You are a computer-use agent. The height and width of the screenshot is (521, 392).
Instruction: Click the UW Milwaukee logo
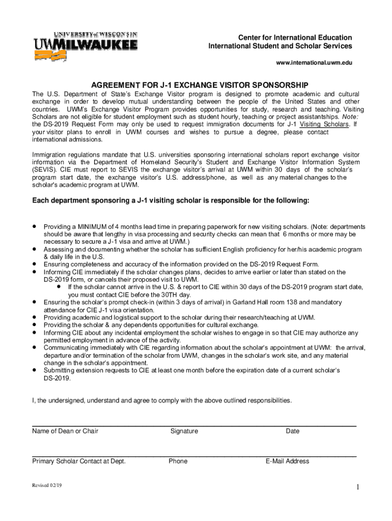pyautogui.click(x=85, y=46)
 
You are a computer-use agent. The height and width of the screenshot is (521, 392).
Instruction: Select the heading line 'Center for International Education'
pyautogui.click(x=295, y=38)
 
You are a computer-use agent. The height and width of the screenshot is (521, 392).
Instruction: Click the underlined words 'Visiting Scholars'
pyautogui.click(x=324, y=124)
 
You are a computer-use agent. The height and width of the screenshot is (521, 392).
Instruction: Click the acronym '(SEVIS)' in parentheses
pyautogui.click(x=45, y=170)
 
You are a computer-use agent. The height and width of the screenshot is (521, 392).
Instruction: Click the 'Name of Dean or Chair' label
pyautogui.click(x=65, y=431)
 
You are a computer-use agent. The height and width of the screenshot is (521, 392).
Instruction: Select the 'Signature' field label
pyautogui.click(x=184, y=431)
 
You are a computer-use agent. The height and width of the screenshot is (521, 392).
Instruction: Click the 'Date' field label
pyautogui.click(x=293, y=431)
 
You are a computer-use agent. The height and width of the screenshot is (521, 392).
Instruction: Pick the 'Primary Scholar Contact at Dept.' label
pyautogui.click(x=79, y=461)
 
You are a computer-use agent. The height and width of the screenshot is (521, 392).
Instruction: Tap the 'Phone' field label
pyautogui.click(x=178, y=461)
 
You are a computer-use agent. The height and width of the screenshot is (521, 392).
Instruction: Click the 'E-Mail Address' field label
pyautogui.click(x=287, y=461)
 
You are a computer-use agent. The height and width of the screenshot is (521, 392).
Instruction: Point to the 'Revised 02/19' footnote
pyautogui.click(x=47, y=485)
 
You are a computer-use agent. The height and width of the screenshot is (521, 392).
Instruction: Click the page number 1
pyautogui.click(x=358, y=488)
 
